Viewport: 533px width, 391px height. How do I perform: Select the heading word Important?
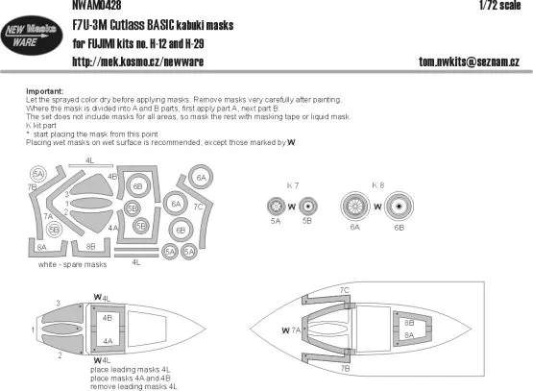click(44, 92)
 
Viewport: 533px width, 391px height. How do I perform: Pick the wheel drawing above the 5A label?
click(275, 206)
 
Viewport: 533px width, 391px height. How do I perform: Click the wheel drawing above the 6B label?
click(396, 206)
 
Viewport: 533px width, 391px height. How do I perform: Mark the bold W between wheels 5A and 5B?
click(292, 206)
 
